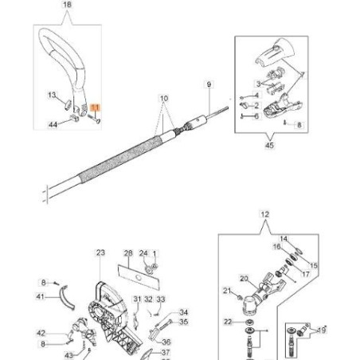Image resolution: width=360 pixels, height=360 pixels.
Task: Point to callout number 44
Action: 53,125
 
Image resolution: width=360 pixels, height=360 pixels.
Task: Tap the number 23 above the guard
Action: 100,252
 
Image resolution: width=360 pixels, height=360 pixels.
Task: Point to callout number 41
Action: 40,296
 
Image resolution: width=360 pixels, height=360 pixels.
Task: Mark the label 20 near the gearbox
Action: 244,280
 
